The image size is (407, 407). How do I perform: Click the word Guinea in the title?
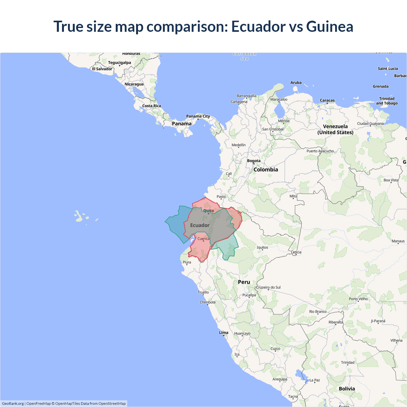[x=329, y=26]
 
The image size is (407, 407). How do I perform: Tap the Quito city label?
[x=209, y=210]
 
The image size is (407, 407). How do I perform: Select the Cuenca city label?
[x=203, y=238]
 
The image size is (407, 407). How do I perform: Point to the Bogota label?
[x=254, y=161]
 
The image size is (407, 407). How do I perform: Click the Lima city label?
[x=224, y=333]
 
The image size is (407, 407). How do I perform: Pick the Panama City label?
[x=198, y=116]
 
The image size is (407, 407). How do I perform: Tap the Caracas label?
[x=327, y=100]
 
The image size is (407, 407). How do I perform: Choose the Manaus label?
[x=398, y=241]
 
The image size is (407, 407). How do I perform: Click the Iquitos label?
[x=262, y=247]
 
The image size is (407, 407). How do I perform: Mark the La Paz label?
[x=315, y=380]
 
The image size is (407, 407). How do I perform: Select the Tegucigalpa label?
[x=120, y=63]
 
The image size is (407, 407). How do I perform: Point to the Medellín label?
[x=238, y=145]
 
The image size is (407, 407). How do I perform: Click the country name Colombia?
[x=266, y=169]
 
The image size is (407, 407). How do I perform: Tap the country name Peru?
[x=244, y=282]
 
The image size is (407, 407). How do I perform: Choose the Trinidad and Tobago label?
[x=387, y=101]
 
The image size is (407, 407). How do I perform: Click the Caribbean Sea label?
[x=245, y=56]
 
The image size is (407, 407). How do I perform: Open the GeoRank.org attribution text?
[x=13, y=404]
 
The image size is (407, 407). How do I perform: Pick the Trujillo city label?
[x=203, y=292]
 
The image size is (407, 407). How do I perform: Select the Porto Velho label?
[x=358, y=299]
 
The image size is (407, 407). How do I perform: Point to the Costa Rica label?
[x=151, y=106]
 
